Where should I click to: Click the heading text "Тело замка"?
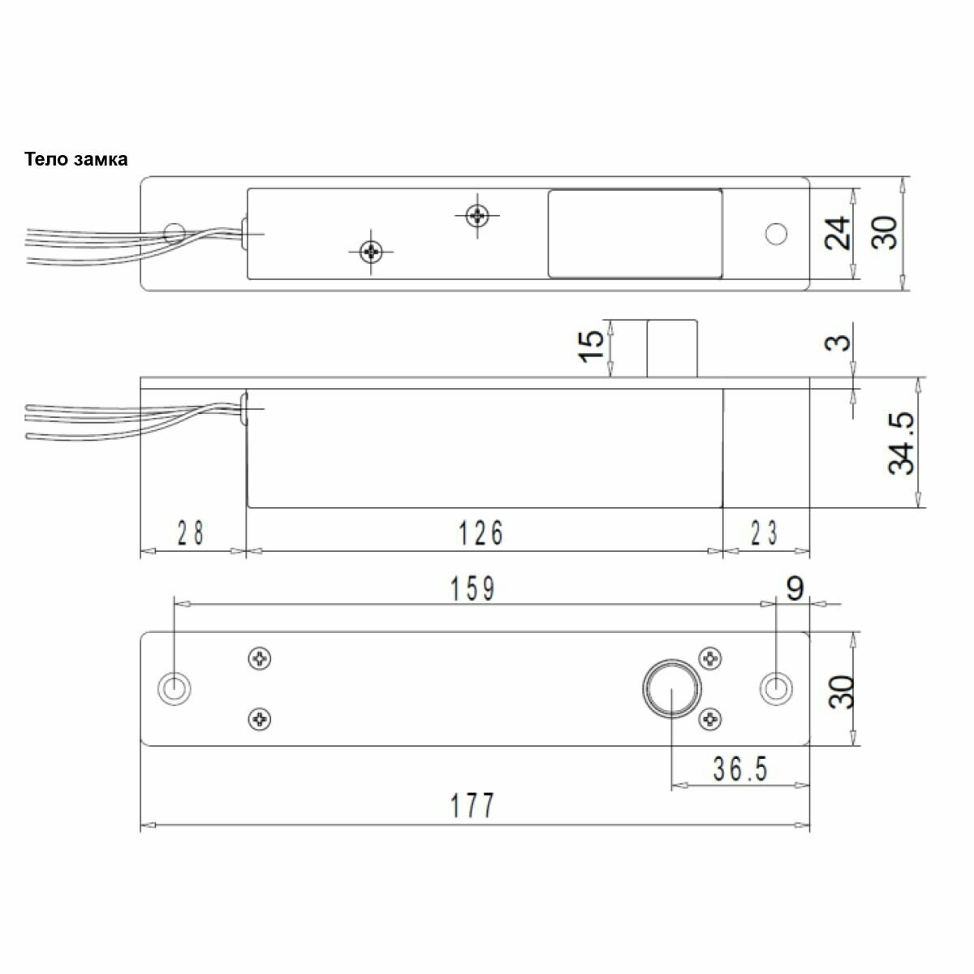[x=75, y=160]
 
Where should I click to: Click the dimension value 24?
[x=837, y=233]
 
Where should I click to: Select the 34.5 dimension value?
[x=901, y=443]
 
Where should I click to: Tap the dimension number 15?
[x=591, y=346]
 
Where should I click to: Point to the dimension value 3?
[x=838, y=343]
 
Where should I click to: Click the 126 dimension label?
[x=481, y=533]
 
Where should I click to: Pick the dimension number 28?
[x=191, y=532]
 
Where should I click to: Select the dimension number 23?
[x=765, y=533]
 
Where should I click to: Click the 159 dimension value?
[x=472, y=588]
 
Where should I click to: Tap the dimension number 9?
[x=795, y=588]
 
